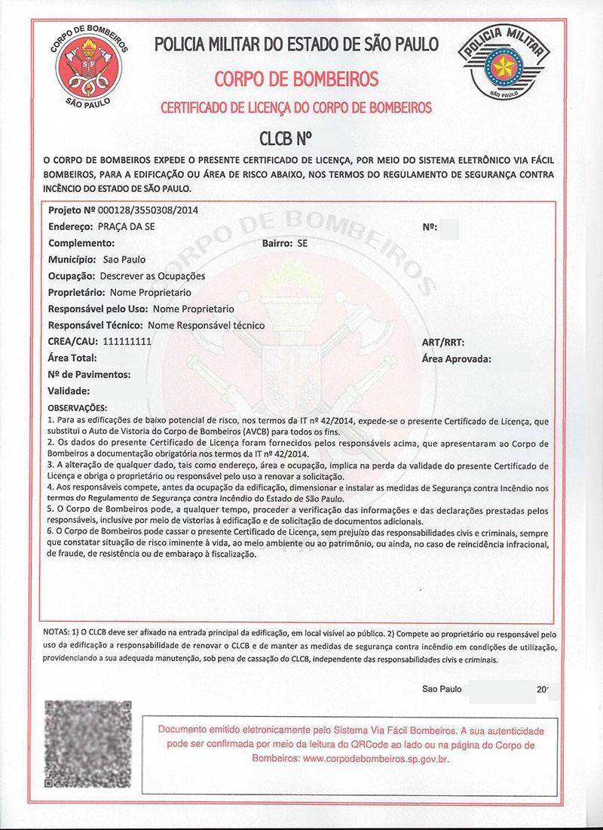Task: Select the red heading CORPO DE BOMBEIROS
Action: point(296,79)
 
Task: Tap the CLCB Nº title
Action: point(285,139)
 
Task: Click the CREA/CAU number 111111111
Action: point(127,342)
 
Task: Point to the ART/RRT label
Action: point(443,342)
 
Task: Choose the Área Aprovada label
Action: point(457,358)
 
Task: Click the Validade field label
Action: point(69,391)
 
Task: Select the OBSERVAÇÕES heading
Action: point(78,407)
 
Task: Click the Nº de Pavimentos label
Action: point(89,374)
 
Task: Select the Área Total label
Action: point(72,358)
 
